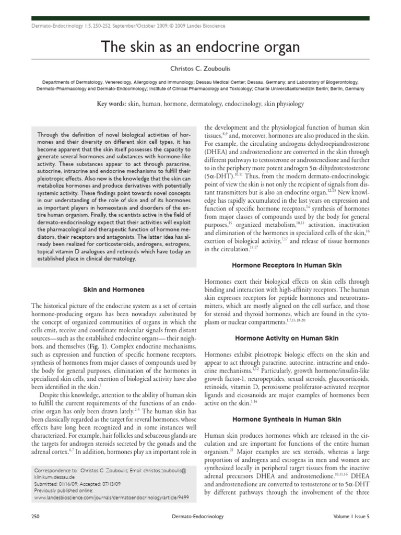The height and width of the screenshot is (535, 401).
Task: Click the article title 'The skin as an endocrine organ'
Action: [x=200, y=48]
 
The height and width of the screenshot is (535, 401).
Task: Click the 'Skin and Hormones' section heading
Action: [x=114, y=289]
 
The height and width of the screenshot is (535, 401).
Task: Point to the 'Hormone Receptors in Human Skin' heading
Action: [x=286, y=265]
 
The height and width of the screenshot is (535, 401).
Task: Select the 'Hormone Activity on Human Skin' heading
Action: [x=286, y=338]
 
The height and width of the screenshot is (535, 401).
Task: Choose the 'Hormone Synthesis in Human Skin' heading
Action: [x=286, y=419]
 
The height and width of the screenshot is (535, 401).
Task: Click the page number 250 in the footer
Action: [x=36, y=517]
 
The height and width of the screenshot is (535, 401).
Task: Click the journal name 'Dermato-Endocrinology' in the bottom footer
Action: [x=200, y=517]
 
